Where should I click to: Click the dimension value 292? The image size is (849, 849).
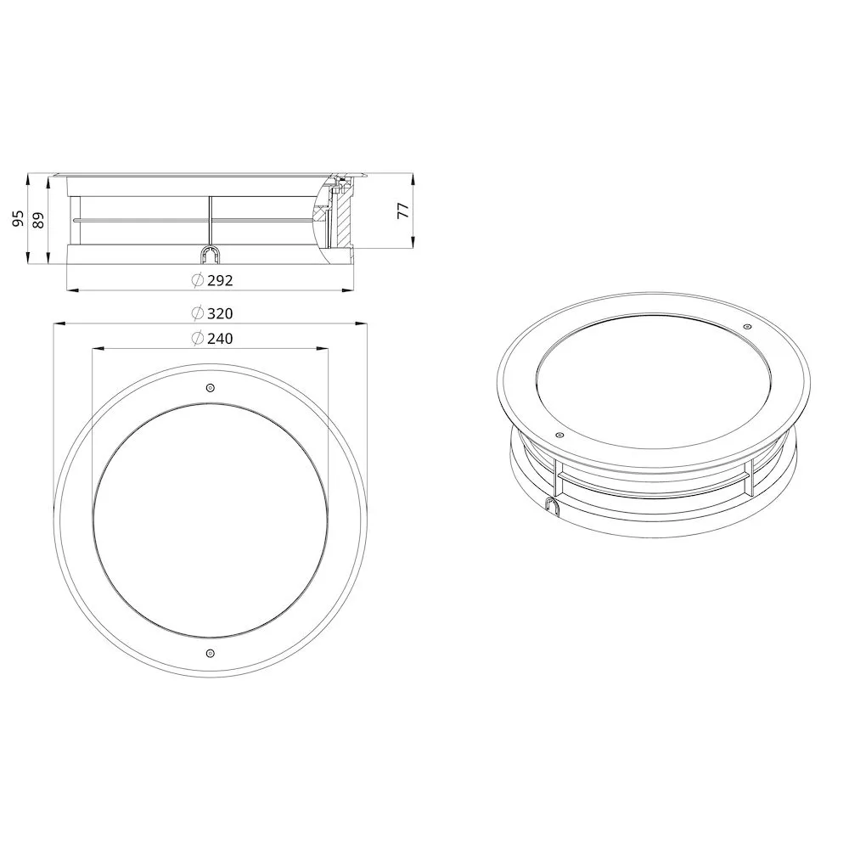point(220,280)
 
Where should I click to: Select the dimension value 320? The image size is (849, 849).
point(220,313)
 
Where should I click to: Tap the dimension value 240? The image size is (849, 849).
point(220,339)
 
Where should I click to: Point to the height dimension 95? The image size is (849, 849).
point(19,218)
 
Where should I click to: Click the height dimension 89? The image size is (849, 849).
point(38,220)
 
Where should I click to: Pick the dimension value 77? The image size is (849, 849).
point(403,210)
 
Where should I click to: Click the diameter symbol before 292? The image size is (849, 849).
point(198,280)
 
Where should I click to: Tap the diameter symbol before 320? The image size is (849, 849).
point(198,313)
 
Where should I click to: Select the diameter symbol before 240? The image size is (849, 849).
point(198,338)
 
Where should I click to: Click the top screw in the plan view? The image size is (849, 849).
point(211,388)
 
